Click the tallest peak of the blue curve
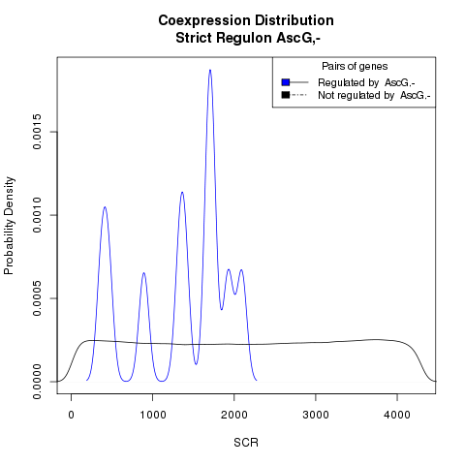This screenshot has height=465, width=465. tap(210, 70)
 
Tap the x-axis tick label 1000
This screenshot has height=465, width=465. tap(153, 415)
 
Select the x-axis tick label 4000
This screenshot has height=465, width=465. tap(397, 415)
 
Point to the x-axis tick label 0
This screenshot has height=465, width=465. tap(72, 415)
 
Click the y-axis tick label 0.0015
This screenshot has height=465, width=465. tap(37, 132)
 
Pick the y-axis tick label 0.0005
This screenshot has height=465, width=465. tap(37, 298)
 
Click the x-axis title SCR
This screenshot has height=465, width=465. tap(246, 443)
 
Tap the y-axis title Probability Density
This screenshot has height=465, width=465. tap(9, 226)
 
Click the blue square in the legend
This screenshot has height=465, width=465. tap(286, 82)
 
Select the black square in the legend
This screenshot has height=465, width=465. tap(286, 95)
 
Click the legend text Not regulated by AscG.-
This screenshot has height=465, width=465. tap(374, 95)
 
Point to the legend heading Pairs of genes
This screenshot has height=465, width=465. tap(355, 66)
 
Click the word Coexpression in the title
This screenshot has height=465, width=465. tap(204, 20)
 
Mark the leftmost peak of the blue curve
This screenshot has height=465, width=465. tap(105, 207)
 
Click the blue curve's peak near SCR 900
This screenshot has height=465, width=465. tap(143, 273)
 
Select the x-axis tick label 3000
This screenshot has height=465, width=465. tap(316, 415)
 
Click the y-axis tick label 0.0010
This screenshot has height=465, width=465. tap(37, 215)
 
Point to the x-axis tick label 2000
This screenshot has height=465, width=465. tap(234, 415)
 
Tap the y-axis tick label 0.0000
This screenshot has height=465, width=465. tap(37, 382)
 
